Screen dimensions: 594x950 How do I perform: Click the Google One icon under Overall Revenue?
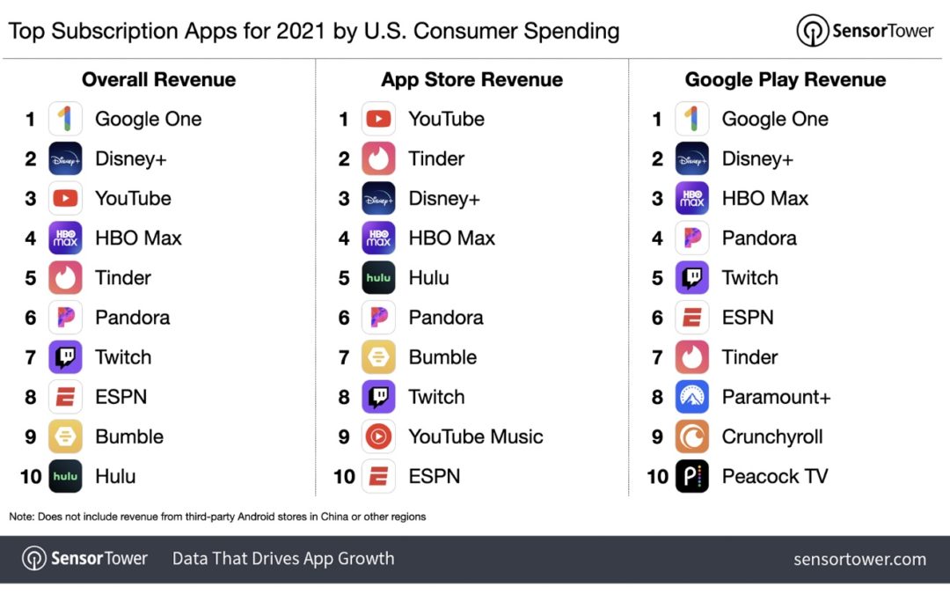[x=65, y=119]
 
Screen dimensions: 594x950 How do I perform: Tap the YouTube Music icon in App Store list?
[x=378, y=436]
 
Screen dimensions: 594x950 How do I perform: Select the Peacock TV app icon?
[x=692, y=476]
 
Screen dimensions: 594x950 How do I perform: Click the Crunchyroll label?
[x=772, y=436]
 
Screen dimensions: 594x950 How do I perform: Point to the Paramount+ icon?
[x=692, y=397]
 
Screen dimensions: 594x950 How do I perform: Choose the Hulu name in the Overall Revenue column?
[x=115, y=476]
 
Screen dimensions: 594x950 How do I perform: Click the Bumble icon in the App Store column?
[x=378, y=357]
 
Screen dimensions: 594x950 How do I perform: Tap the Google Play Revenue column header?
[x=785, y=79]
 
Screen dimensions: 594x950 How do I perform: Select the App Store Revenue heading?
[x=471, y=79]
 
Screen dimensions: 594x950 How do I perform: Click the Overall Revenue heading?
[x=158, y=79]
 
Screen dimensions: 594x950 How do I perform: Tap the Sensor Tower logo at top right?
[x=865, y=31]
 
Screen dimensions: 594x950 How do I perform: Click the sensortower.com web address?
[x=859, y=559]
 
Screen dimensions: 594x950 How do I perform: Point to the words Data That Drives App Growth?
[x=283, y=559]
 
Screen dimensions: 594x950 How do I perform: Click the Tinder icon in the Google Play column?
[x=692, y=357]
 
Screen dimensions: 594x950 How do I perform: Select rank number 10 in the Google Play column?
[x=657, y=476]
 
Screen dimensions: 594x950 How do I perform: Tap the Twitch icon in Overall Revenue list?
[x=65, y=357]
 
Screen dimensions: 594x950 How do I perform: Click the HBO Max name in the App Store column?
[x=451, y=238]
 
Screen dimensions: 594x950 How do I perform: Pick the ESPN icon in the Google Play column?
[x=692, y=318]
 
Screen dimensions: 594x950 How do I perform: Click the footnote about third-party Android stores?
[x=217, y=517]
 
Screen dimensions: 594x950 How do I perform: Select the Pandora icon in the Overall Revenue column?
[x=65, y=318]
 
